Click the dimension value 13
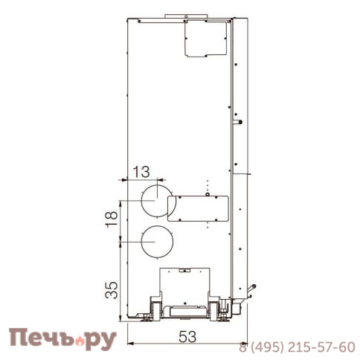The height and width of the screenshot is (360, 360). (x=141, y=172)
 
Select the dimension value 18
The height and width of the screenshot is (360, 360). (x=112, y=218)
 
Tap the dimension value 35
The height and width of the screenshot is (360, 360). (x=112, y=290)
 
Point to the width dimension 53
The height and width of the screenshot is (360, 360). (x=187, y=337)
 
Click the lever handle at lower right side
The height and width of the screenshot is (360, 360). (x=251, y=289)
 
